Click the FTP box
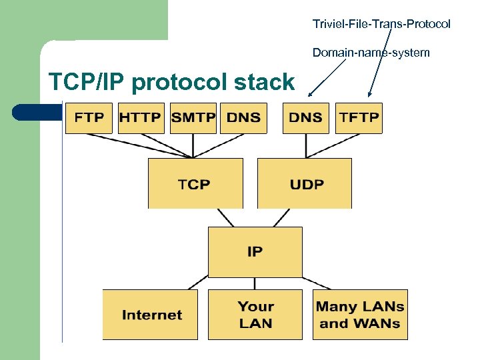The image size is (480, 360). (x=89, y=118)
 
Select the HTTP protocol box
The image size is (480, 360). (x=141, y=118)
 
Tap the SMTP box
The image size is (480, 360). (x=193, y=118)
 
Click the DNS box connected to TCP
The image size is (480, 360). (x=243, y=118)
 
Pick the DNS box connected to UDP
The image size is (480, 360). (x=306, y=118)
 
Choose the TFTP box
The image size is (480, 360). (x=359, y=118)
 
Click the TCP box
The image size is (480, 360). (x=194, y=183)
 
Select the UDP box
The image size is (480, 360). (x=304, y=183)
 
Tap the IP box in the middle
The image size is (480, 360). (x=255, y=251)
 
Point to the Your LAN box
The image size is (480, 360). (x=255, y=315)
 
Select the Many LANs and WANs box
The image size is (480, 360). (x=360, y=315)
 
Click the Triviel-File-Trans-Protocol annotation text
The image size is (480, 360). (x=381, y=24)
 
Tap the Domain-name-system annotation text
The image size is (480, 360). (x=371, y=52)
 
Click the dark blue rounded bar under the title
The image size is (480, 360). (x=33, y=111)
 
